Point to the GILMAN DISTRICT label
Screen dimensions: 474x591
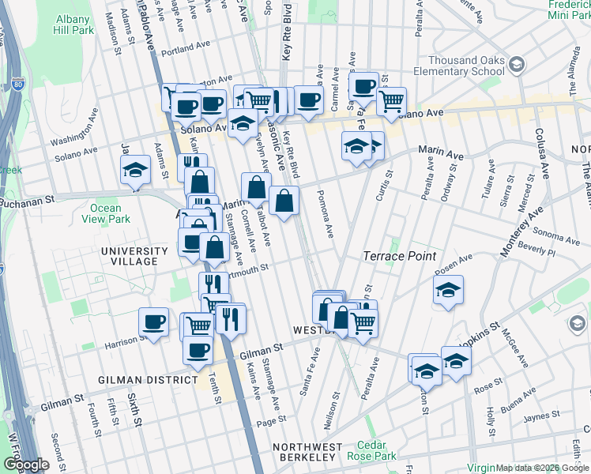(148, 380)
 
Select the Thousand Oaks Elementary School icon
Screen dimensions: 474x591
(517, 63)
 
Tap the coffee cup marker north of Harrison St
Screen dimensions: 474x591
(153, 322)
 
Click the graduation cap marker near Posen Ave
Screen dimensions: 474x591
(448, 290)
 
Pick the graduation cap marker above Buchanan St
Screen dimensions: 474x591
(136, 169)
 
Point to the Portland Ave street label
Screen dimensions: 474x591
(183, 48)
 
